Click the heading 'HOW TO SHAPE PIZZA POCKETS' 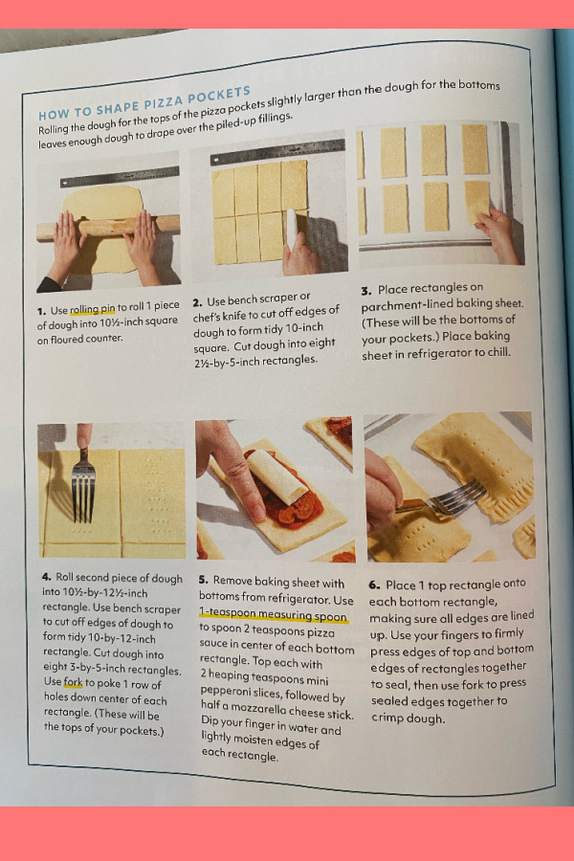[144, 102]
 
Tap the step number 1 [41, 311]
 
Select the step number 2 [198, 302]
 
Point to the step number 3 [366, 291]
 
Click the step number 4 [47, 577]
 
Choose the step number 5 [204, 580]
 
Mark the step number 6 [374, 585]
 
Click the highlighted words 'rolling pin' [92, 309]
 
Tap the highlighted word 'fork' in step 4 [73, 682]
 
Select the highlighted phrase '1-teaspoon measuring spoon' [273, 615]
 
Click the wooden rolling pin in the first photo [108, 227]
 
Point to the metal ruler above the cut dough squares [277, 151]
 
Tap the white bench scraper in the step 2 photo [292, 231]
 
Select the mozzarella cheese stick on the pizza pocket [276, 476]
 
